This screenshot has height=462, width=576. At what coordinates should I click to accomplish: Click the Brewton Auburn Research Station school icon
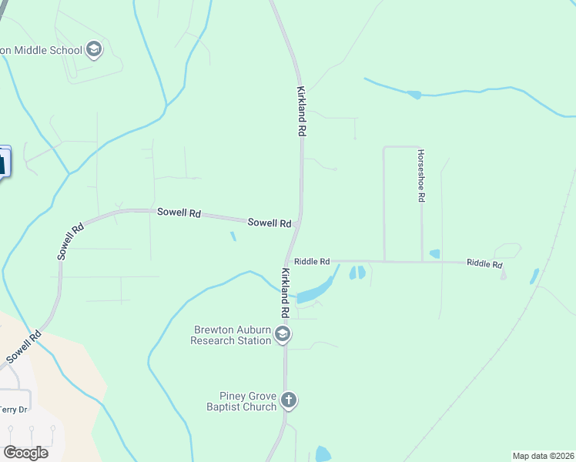tap(283, 333)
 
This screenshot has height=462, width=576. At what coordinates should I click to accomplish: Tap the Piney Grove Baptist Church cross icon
tap(289, 400)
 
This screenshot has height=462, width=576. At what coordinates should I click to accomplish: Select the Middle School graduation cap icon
tap(94, 51)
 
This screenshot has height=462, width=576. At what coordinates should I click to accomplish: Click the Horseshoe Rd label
tap(421, 176)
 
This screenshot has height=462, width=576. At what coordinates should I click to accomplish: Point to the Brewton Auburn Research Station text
tap(231, 335)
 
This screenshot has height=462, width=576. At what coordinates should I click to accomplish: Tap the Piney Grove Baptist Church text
tap(241, 401)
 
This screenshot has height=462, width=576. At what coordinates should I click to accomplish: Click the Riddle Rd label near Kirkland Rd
tap(312, 262)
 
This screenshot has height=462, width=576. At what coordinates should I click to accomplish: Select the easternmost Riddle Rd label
tap(484, 263)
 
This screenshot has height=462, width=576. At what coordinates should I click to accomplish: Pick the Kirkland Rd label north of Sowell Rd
tap(301, 112)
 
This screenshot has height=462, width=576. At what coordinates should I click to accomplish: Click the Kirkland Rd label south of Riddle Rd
tap(285, 293)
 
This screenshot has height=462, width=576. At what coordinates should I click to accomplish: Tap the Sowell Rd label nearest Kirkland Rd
tap(270, 223)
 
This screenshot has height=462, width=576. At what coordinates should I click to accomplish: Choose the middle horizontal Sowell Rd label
tap(179, 212)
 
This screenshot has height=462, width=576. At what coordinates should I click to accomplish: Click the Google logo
tap(25, 453)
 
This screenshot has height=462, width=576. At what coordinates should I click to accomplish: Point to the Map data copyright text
tap(543, 456)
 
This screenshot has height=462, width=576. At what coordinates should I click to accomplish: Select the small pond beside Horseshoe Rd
tap(434, 253)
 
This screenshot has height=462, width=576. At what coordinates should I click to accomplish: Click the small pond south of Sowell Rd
tap(233, 236)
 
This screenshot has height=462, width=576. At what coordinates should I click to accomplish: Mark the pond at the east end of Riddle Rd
tap(534, 275)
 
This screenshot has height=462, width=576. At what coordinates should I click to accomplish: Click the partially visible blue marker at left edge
tap(4, 162)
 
